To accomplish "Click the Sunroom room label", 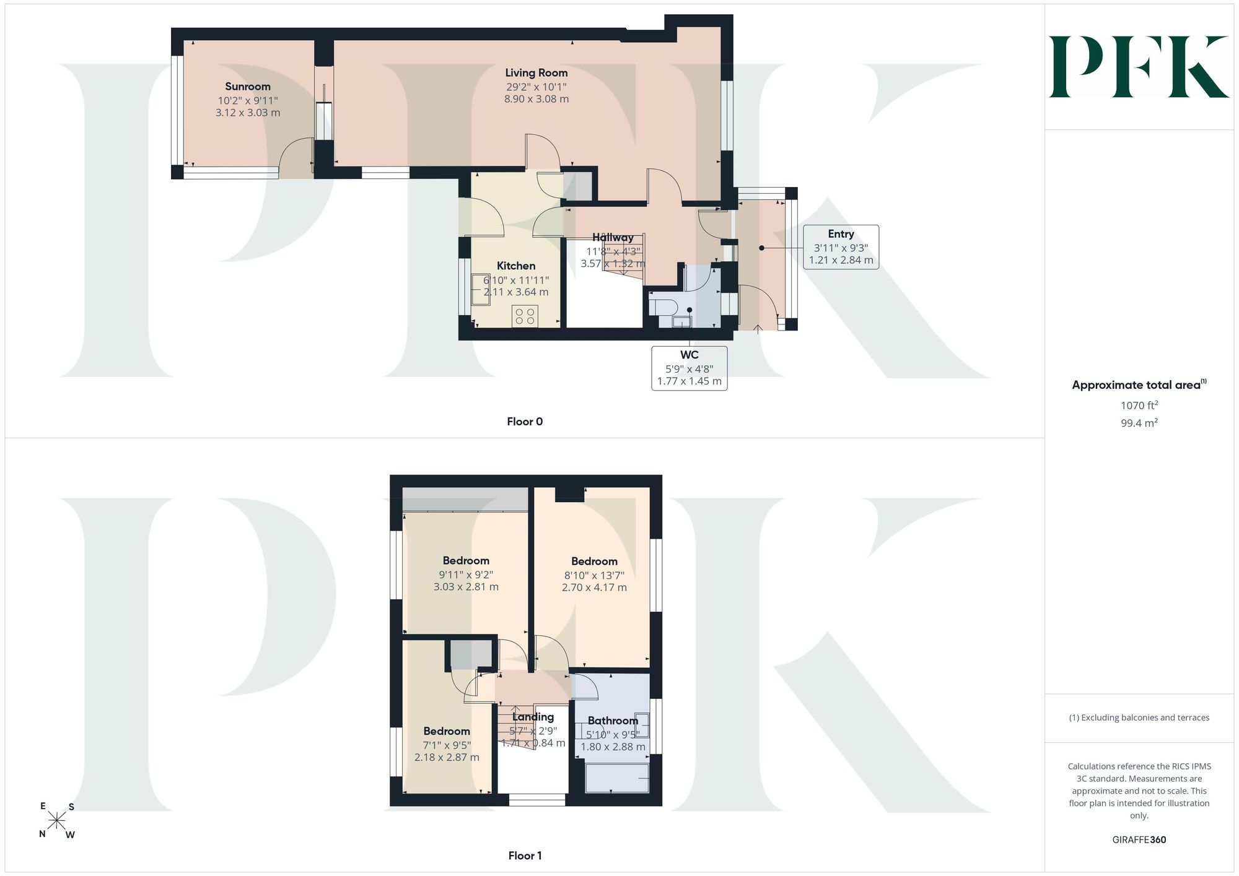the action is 248,87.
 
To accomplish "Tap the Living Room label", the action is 536,73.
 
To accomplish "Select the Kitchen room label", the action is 516,266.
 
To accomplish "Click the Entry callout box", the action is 841,246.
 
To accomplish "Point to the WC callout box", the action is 690,368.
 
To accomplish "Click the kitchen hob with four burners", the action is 525,316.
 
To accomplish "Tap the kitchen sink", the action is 481,290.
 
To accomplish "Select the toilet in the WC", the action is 661,305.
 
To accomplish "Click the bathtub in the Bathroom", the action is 617,778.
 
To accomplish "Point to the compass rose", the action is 56,821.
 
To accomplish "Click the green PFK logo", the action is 1139,67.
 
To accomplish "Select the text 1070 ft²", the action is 1139,405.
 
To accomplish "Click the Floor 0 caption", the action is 525,422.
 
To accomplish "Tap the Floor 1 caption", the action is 525,856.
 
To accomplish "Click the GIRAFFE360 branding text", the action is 1139,840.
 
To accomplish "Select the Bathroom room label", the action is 613,721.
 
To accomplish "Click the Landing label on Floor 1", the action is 533,717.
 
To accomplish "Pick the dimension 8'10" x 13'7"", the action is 594,575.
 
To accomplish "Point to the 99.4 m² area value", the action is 1139,423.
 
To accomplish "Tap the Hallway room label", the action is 613,238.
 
